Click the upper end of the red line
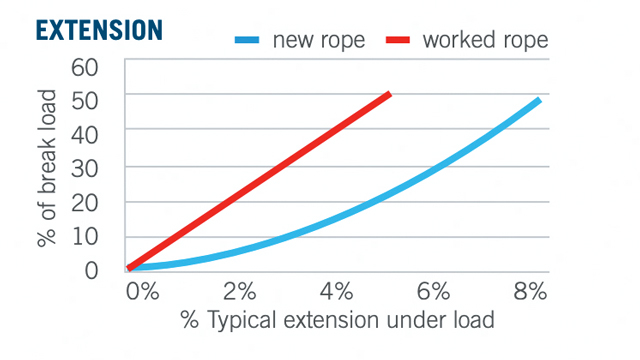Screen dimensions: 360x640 click(x=388, y=94)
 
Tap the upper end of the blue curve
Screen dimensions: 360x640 click(x=538, y=100)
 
